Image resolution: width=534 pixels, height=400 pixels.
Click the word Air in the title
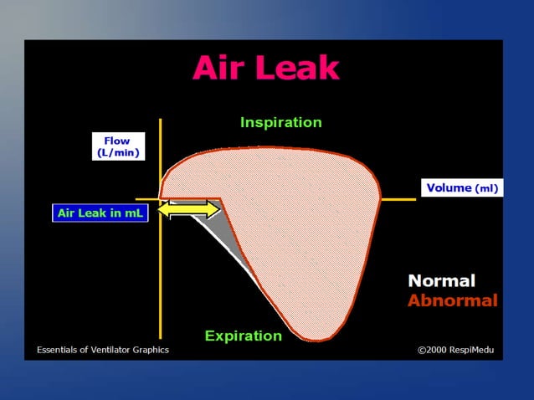[x=221, y=69]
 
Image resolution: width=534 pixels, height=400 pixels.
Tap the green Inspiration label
[x=280, y=122]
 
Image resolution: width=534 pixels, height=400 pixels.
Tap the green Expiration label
[x=244, y=336]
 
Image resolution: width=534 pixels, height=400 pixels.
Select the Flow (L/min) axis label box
[x=117, y=146]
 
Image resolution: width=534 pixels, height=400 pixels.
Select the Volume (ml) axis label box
[x=461, y=188]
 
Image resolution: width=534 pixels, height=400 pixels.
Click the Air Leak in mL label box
[x=100, y=213]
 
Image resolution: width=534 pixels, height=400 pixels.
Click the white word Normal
[x=441, y=281]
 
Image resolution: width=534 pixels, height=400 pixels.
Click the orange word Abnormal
[x=452, y=300]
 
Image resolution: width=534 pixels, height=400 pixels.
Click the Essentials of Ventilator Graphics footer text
[x=102, y=349]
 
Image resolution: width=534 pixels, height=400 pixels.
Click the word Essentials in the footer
[x=59, y=349]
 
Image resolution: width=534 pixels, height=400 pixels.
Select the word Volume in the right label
[x=449, y=188]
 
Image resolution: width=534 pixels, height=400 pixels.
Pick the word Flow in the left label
[x=117, y=141]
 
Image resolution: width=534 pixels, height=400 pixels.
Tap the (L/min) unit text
[x=117, y=153]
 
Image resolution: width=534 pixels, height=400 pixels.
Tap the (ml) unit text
[x=486, y=189]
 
